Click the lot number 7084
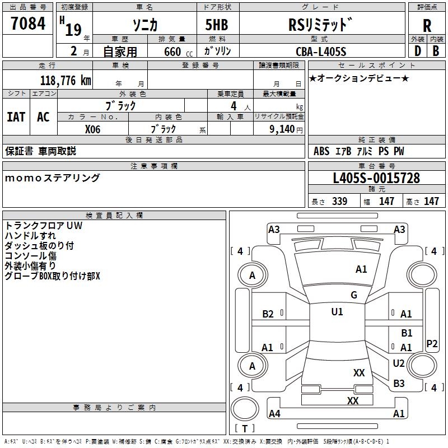(28, 25)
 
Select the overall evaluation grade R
(427, 26)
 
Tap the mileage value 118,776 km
(66, 80)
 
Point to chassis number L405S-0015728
(376, 178)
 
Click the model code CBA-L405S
(321, 52)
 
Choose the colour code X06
(92, 129)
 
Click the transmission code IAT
(16, 117)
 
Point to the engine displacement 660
(172, 52)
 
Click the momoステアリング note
(53, 178)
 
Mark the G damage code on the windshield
(353, 295)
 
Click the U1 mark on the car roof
(337, 311)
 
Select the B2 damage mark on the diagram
(268, 314)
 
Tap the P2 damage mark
(432, 343)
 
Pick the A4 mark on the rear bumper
(274, 413)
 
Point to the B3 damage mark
(399, 383)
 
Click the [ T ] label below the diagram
(244, 429)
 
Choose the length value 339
(339, 202)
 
